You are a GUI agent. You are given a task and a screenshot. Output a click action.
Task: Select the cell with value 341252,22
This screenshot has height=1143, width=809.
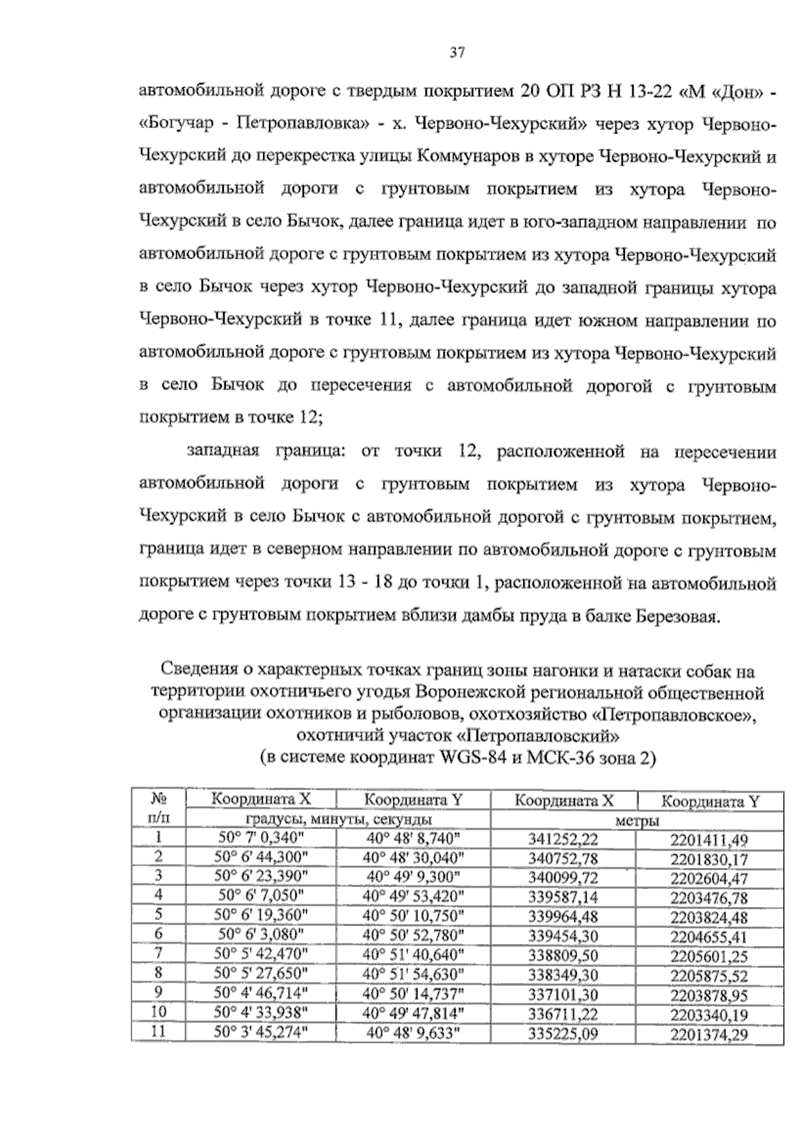point(564,840)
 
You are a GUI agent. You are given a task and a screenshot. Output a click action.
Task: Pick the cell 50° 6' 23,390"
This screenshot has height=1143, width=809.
point(261,877)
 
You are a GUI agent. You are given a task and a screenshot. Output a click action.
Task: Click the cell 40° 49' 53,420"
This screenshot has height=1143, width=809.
point(413,896)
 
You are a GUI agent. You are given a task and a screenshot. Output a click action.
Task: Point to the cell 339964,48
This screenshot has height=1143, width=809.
point(564,917)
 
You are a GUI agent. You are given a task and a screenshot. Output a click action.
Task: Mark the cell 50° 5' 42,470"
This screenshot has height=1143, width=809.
point(261,954)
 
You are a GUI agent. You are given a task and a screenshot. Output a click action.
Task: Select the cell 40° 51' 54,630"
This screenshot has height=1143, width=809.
point(413,974)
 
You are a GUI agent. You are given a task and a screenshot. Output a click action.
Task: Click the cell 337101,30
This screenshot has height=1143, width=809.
point(564,995)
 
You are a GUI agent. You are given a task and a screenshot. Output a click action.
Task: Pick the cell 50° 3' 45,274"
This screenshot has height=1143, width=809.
point(261,1032)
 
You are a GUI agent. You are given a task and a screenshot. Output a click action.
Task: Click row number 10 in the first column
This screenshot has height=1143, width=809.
point(159,1012)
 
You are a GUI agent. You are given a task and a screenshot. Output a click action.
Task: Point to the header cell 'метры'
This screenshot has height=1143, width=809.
point(637,821)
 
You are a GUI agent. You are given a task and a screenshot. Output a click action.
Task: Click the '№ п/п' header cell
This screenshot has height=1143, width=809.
point(159,809)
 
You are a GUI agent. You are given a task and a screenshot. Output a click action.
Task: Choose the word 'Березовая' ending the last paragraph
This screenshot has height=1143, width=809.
point(675,616)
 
